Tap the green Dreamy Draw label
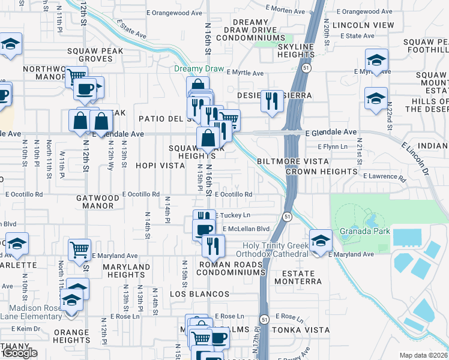tap(198, 68)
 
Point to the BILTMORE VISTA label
tap(292, 161)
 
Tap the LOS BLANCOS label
tap(199, 294)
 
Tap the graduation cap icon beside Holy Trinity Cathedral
tap(321, 241)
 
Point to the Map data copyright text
tap(423, 355)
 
